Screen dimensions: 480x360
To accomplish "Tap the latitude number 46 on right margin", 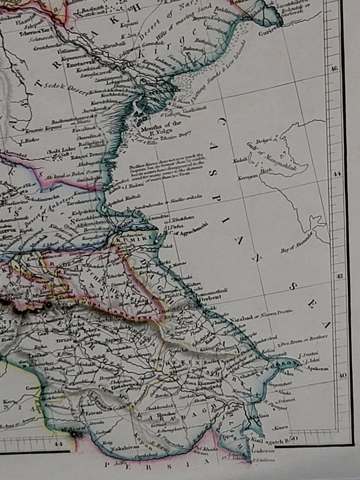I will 334,68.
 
